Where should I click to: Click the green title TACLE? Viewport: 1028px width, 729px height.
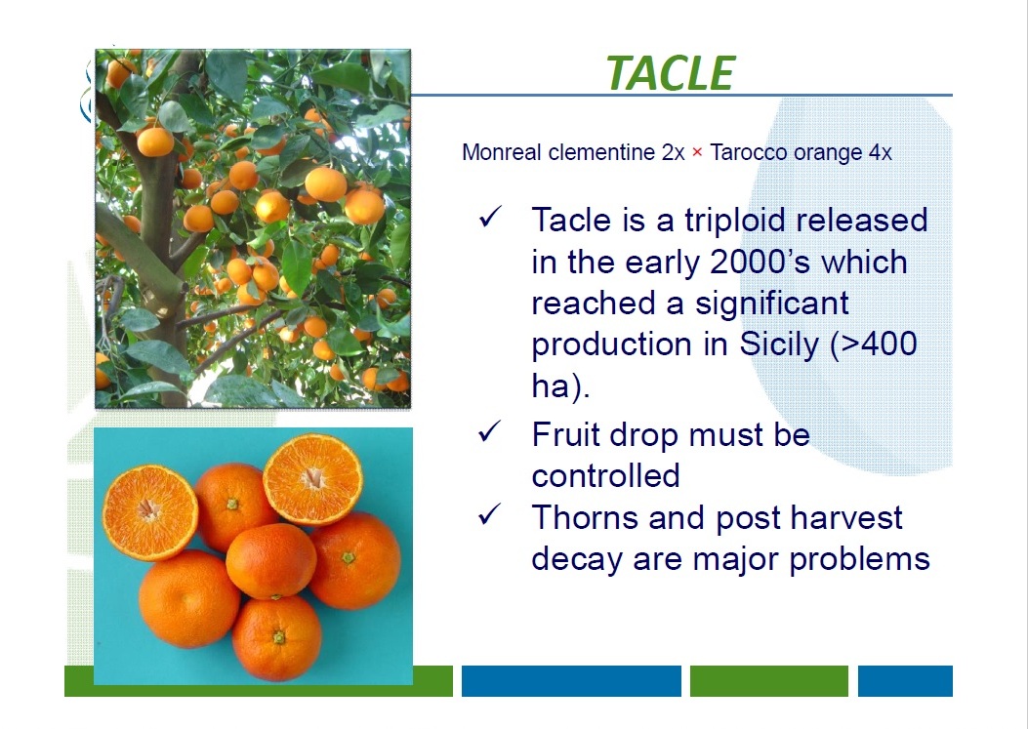[670, 72]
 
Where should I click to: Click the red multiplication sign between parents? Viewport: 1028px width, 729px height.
[697, 153]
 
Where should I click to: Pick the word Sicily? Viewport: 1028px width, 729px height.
[779, 344]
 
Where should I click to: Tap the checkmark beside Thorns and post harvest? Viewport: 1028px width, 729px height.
[489, 514]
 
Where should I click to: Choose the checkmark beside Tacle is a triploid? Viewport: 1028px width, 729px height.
[489, 216]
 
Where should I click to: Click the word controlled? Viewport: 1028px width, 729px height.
[605, 475]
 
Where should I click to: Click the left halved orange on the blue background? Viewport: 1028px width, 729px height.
[149, 512]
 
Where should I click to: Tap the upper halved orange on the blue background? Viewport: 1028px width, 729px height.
[312, 479]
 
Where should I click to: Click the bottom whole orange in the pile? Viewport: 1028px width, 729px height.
[276, 638]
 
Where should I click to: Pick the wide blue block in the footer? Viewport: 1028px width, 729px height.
[571, 680]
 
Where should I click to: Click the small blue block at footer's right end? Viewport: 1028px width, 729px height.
[905, 680]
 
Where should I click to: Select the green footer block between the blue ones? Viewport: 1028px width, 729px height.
[769, 680]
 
